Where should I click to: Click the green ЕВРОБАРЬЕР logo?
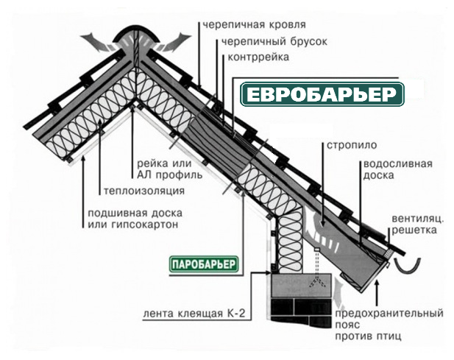(323, 94)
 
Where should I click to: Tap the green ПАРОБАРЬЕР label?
(200, 263)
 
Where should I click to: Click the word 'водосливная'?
(397, 163)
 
